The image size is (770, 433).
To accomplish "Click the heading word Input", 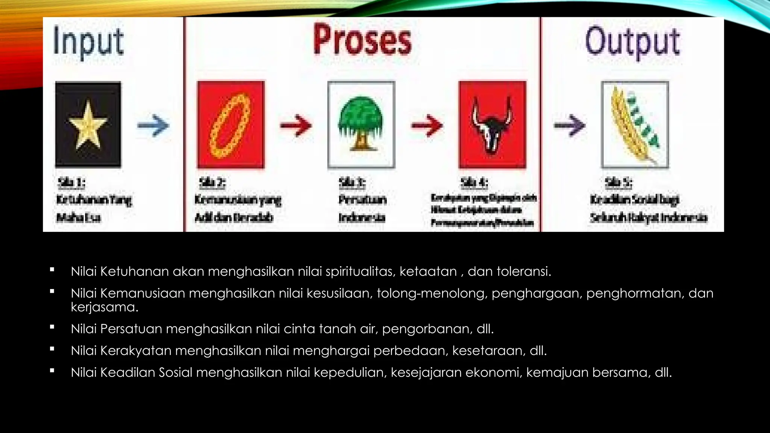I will (88, 41).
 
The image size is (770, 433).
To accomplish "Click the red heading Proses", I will (362, 40).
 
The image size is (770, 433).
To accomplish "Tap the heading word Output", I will (632, 42).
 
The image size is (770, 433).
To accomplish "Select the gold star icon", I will (88, 125).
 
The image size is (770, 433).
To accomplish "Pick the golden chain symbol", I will (230, 125).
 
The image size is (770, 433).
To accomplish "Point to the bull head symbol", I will (492, 125).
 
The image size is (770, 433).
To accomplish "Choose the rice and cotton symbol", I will (635, 125).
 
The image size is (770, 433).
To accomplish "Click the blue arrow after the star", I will (153, 126).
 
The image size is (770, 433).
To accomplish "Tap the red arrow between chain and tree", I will (296, 126).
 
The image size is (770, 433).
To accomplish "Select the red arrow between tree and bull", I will (427, 126).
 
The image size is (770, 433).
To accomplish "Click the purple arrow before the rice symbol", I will (570, 126).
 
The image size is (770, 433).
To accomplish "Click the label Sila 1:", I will (71, 183).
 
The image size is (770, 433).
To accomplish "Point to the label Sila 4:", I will (474, 183).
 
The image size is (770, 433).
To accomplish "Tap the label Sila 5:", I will (618, 183).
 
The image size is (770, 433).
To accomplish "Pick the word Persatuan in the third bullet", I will (131, 329).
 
